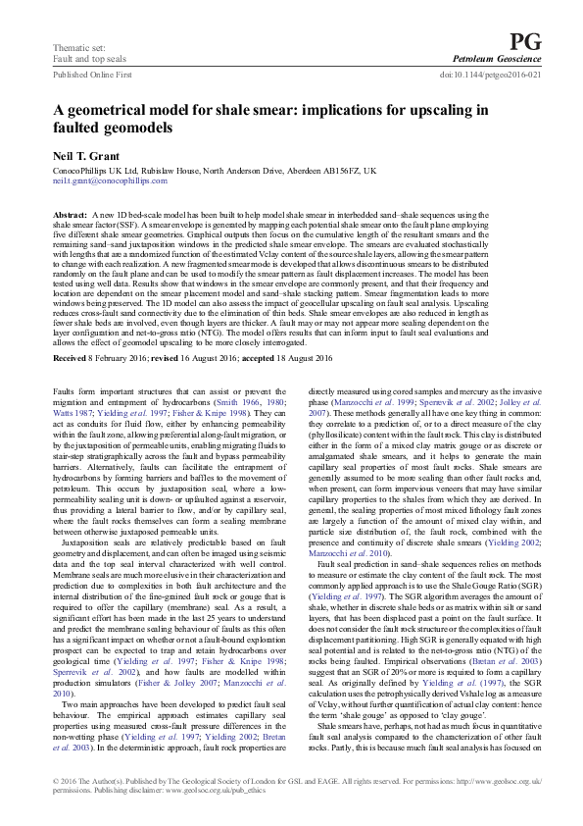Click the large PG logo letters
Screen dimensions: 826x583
click(525, 40)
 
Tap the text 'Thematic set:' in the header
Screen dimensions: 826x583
click(75, 47)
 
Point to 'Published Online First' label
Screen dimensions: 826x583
click(92, 74)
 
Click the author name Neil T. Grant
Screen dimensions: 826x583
click(85, 154)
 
